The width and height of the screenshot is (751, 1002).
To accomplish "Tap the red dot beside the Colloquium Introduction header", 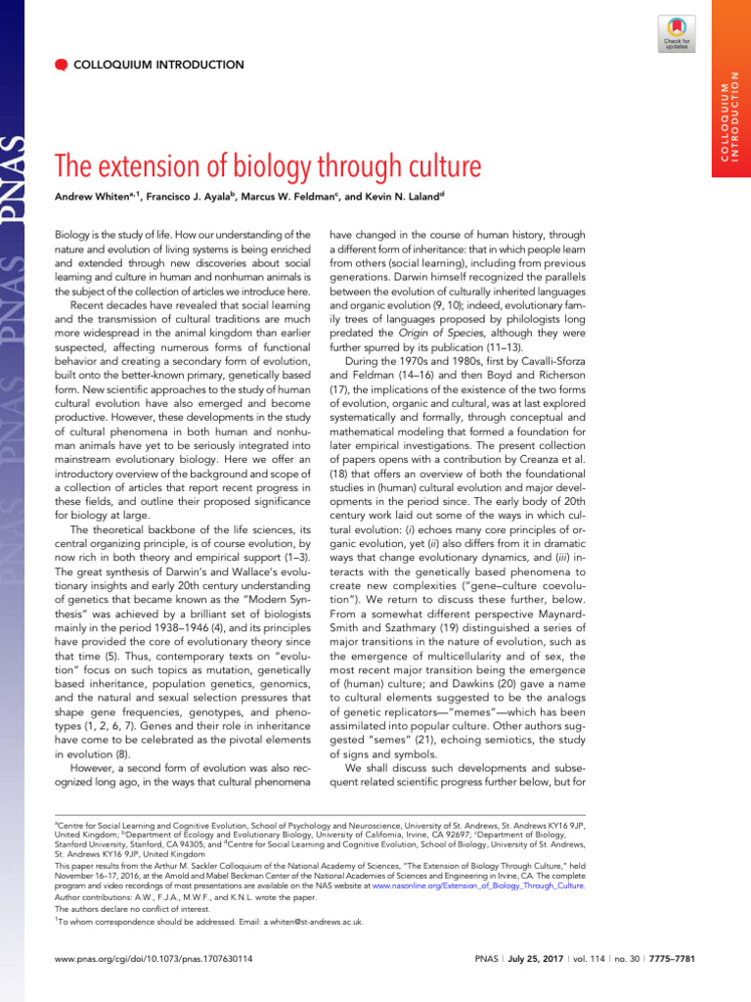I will pyautogui.click(x=61, y=65).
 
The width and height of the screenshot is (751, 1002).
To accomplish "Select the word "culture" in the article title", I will pyautogui.click(x=433, y=166).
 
